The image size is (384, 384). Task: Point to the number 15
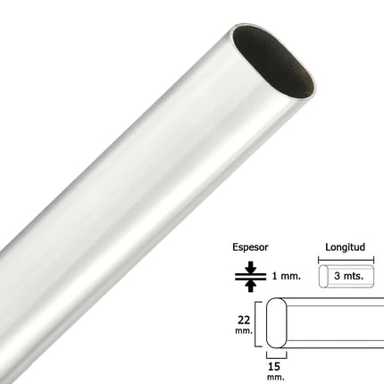pyautogui.click(x=275, y=364)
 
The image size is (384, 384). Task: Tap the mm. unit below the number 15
pyautogui.click(x=275, y=376)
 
